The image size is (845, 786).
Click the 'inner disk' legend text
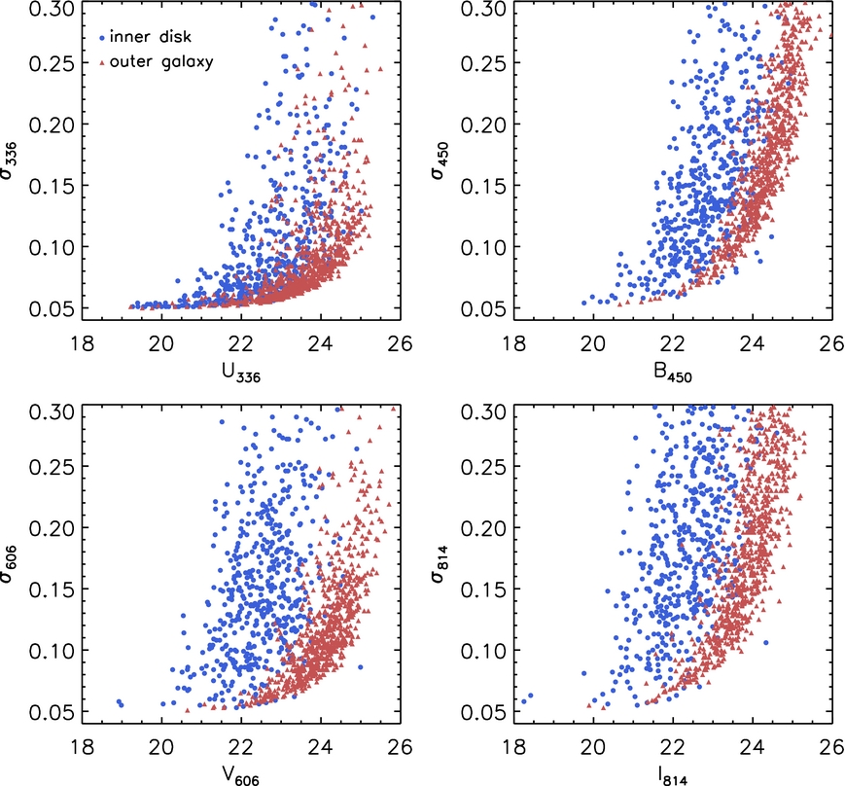pos(151,37)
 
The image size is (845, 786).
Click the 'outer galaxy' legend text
pos(161,62)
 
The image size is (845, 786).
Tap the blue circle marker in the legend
pos(102,38)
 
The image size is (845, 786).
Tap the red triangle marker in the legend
pos(102,63)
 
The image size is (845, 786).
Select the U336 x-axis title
pos(241,373)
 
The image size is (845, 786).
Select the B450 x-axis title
pos(673,373)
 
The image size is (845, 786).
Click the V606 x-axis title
pos(241,774)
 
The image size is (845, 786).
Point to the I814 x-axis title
pos(673,774)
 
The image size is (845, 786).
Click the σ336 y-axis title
pos(9,161)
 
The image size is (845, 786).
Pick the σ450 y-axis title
pos(440,161)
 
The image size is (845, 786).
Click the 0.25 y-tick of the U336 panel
pos(52,62)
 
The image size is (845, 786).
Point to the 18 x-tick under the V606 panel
pos(83,747)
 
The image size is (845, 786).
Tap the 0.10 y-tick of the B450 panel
pos(483,247)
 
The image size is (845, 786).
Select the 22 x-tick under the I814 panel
pos(673,747)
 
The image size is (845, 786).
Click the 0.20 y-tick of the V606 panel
pos(52,527)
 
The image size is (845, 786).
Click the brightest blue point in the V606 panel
pos(119,701)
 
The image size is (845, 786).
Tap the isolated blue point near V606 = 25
pos(360,667)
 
